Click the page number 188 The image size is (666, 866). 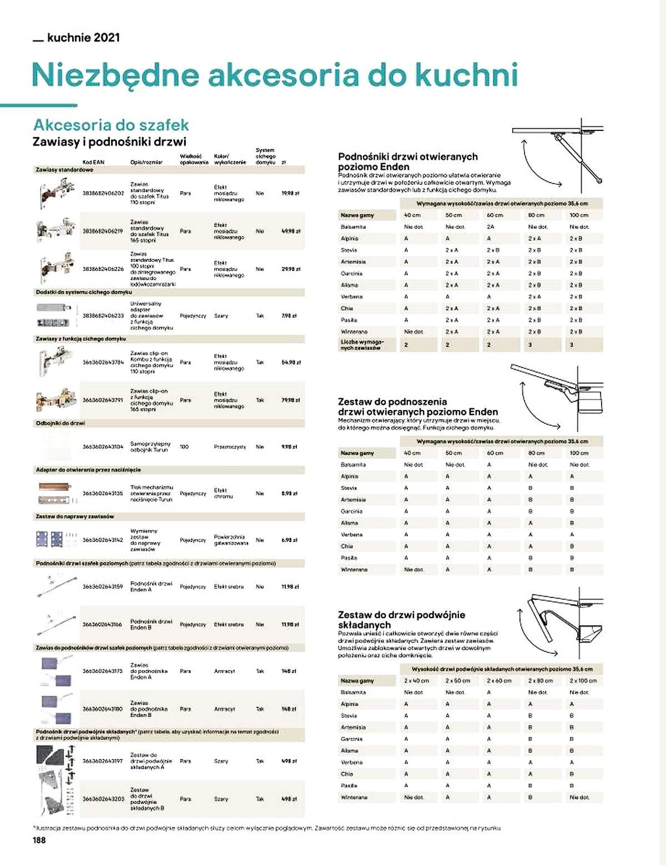click(x=39, y=840)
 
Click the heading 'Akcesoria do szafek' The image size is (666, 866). click(x=111, y=124)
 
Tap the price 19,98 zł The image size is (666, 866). click(x=290, y=194)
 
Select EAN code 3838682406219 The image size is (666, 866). click(x=103, y=231)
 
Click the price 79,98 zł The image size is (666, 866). click(x=291, y=400)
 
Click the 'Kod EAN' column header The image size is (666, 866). click(x=93, y=162)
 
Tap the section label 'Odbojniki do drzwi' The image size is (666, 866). click(x=60, y=423)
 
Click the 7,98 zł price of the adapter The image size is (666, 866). click(x=290, y=316)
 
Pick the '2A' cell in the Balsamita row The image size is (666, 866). click(x=491, y=227)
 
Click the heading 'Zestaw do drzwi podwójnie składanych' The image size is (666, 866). click(x=401, y=620)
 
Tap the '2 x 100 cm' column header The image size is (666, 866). click(x=583, y=681)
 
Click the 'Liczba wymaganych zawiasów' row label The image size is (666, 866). click(x=362, y=345)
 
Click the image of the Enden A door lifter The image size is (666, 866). click(x=56, y=586)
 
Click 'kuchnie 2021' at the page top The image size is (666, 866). click(x=83, y=38)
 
